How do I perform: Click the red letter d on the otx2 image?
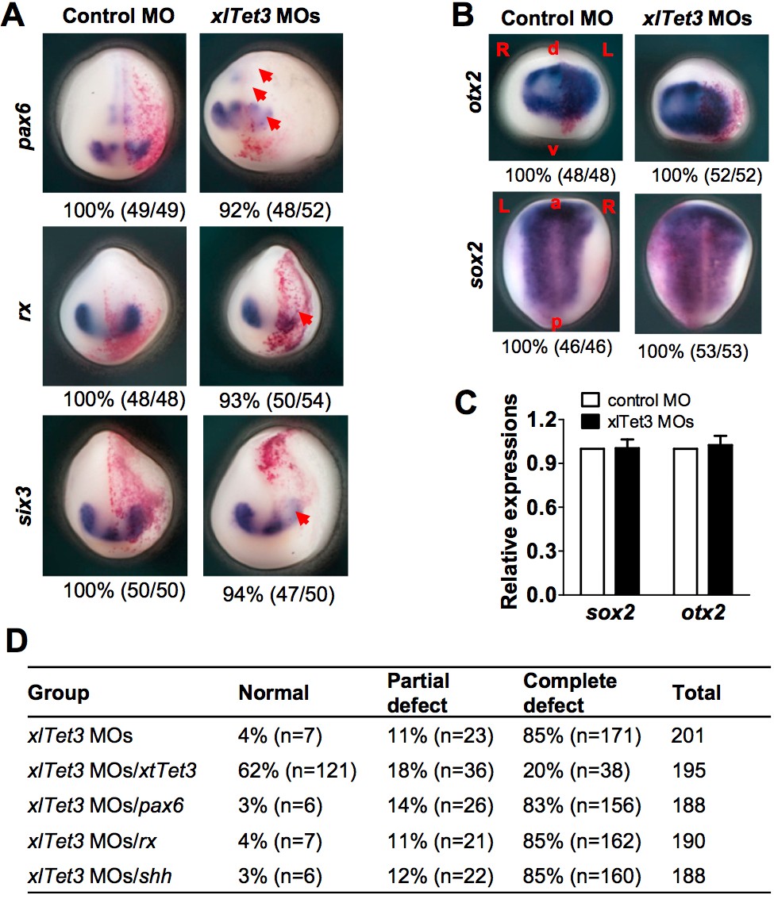coord(554,50)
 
